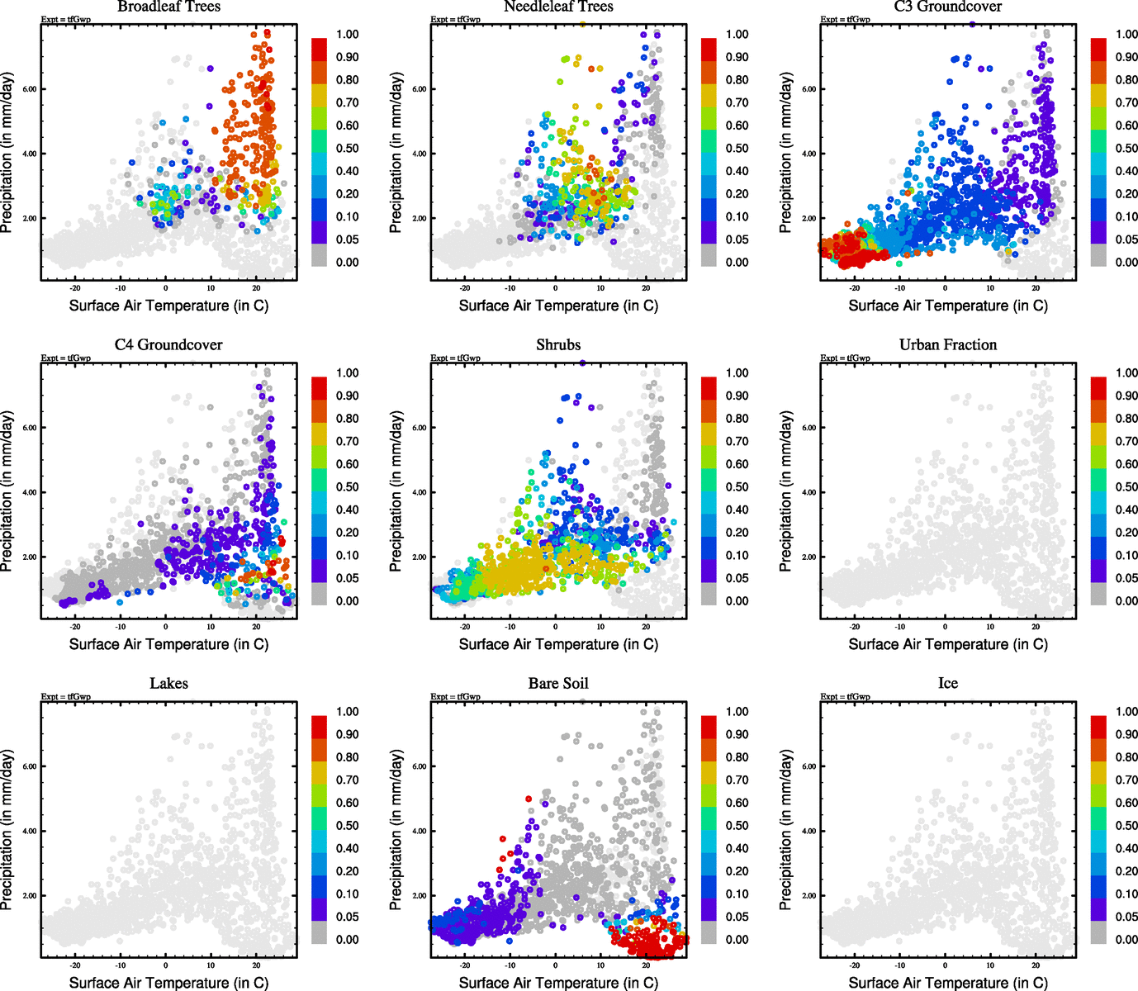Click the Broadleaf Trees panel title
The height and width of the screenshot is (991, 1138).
pos(168,7)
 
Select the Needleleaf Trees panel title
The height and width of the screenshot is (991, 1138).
pos(558,7)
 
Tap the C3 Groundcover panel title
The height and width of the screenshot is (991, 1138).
pos(948,7)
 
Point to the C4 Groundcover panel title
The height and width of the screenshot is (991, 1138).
pos(168,344)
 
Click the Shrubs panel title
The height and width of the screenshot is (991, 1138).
pos(558,344)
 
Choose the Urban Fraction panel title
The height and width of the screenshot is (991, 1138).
pos(948,344)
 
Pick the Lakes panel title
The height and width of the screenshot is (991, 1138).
pos(168,683)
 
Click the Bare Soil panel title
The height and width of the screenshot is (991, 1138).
pos(558,683)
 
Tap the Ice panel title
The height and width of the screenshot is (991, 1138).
pos(948,683)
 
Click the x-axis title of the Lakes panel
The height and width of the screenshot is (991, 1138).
pos(168,983)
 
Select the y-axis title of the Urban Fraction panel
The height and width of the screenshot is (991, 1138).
pos(785,491)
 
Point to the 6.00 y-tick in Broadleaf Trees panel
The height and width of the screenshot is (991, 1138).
pos(29,89)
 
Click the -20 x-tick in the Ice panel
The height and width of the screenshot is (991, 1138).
pos(855,965)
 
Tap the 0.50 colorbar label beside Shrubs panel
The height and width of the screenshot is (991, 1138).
pos(737,487)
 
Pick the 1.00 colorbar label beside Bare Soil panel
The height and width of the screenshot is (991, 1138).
pos(737,712)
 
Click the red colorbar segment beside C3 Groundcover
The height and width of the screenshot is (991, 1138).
pos(1098,49)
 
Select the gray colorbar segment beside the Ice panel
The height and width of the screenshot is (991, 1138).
pos(1098,933)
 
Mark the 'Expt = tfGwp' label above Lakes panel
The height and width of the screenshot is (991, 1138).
pos(66,696)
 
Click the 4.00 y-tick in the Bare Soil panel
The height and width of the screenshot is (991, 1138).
pos(419,831)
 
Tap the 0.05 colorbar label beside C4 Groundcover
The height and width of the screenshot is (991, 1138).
pos(348,578)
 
